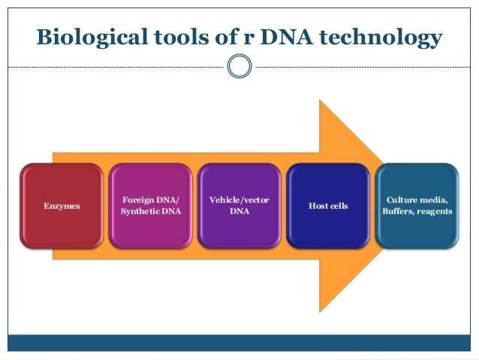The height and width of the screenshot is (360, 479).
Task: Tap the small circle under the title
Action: [x=239, y=66]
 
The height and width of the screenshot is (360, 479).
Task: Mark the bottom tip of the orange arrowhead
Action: [x=321, y=310]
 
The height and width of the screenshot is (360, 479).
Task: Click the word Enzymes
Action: [x=62, y=205]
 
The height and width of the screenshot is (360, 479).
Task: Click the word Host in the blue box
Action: [x=318, y=205]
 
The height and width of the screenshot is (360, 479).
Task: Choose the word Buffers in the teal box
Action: [x=401, y=211]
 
